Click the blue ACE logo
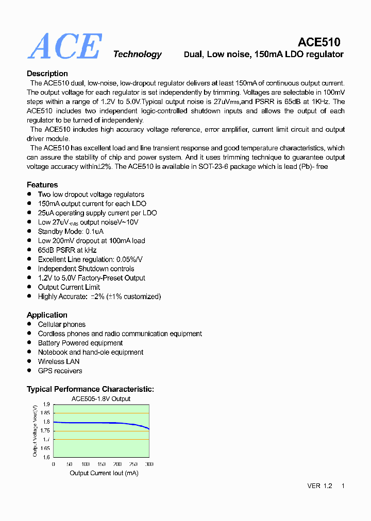[64, 46]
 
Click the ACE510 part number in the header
[319, 42]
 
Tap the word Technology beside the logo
[137, 55]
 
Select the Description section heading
[47, 74]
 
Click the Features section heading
[42, 185]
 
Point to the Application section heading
[47, 315]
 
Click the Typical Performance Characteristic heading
[90, 389]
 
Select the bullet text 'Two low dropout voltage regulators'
[91, 195]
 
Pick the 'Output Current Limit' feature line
[69, 287]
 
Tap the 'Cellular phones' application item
[62, 324]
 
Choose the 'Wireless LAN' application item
[59, 361]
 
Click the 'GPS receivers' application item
[60, 371]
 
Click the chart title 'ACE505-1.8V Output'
[100, 398]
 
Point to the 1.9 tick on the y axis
[46, 404]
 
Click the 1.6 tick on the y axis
[46, 457]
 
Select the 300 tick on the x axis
[149, 464]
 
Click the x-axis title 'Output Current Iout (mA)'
[104, 473]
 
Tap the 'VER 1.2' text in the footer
[319, 486]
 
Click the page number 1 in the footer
[343, 486]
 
